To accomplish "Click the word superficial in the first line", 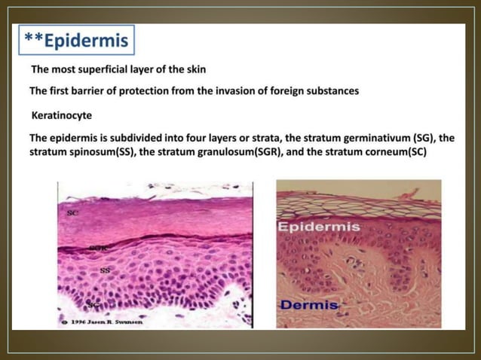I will point(106,69).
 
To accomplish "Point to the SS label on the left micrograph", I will point(105,269).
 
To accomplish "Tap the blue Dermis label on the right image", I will point(308,305).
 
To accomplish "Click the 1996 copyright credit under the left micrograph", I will point(103,322).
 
